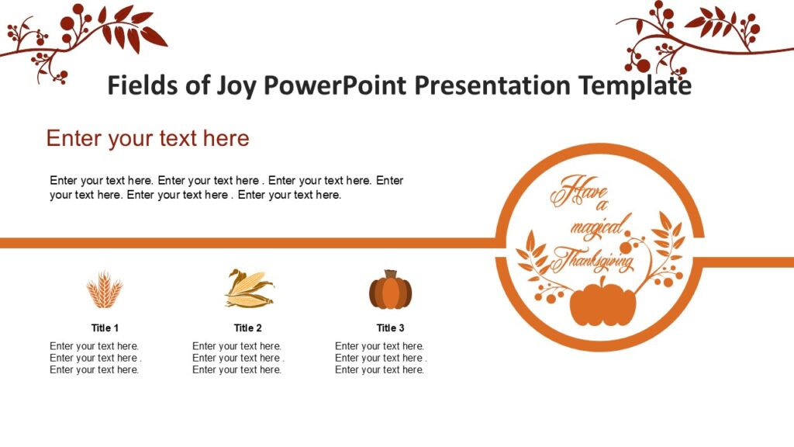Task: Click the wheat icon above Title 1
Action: (104, 290)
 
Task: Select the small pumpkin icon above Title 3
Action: (390, 290)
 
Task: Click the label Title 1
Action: (105, 327)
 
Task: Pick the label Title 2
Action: (248, 327)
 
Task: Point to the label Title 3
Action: (391, 327)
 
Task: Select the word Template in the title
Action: (635, 85)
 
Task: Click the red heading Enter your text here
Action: (147, 138)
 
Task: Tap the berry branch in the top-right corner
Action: (698, 35)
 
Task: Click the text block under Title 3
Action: (380, 358)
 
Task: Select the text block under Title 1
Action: (95, 358)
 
